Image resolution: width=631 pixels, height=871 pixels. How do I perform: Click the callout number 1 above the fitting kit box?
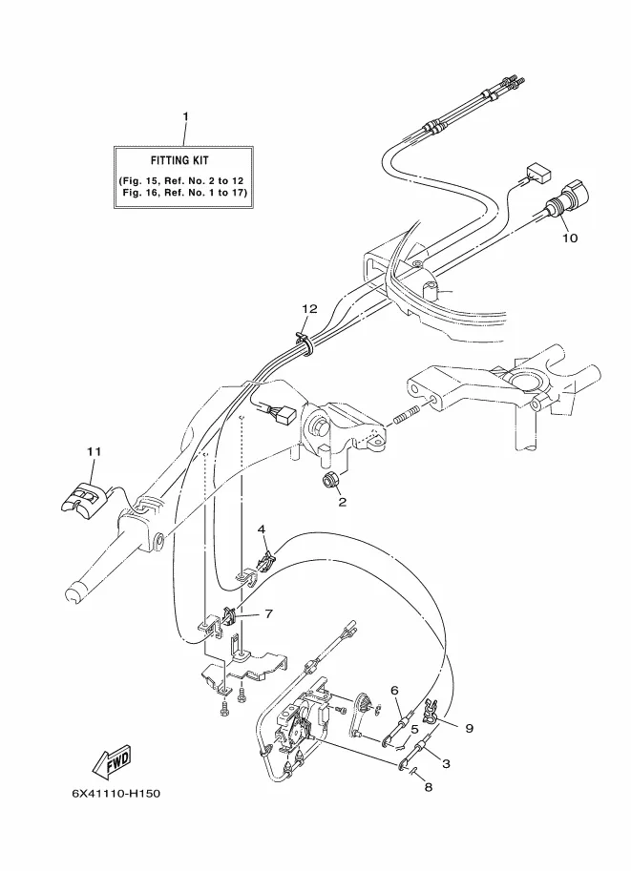tap(186, 116)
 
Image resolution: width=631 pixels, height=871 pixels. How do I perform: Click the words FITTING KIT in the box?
tap(179, 160)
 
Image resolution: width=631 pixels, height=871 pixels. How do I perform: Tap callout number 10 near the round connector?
tap(570, 238)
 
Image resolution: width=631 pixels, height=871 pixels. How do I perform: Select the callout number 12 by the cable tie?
tap(309, 309)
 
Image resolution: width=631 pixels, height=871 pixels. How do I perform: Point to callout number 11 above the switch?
tap(94, 451)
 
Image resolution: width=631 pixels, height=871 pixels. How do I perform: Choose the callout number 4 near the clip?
tap(262, 529)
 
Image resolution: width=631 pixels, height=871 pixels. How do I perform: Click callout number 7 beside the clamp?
tap(268, 613)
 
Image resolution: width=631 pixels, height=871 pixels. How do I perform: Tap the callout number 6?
tap(394, 691)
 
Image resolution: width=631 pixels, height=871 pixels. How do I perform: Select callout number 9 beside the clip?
tap(470, 728)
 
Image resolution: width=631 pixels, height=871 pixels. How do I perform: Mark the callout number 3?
tap(446, 764)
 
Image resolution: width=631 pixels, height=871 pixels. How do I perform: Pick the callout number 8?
tap(428, 787)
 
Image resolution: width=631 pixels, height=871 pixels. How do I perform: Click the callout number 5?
tap(414, 730)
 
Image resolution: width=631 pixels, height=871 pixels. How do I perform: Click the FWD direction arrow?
tap(112, 762)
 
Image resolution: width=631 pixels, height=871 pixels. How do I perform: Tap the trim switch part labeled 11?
tap(82, 498)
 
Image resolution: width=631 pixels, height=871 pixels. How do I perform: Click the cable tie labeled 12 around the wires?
tap(305, 343)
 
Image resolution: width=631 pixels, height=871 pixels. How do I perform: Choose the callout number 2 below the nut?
tap(343, 502)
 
